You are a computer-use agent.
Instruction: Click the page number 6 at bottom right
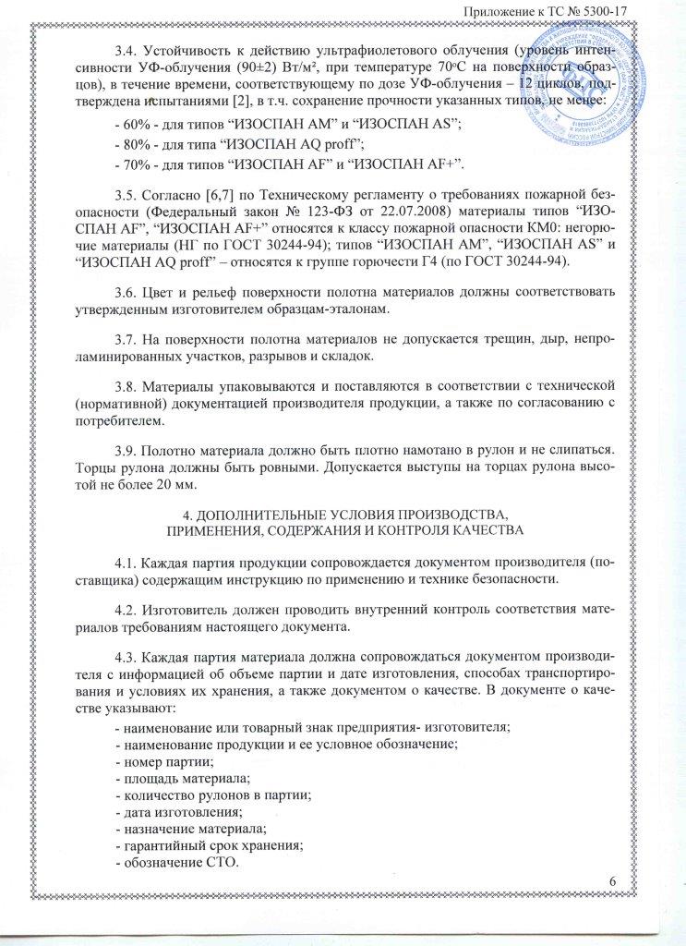(613, 888)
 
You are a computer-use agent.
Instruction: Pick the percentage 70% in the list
(128, 164)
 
